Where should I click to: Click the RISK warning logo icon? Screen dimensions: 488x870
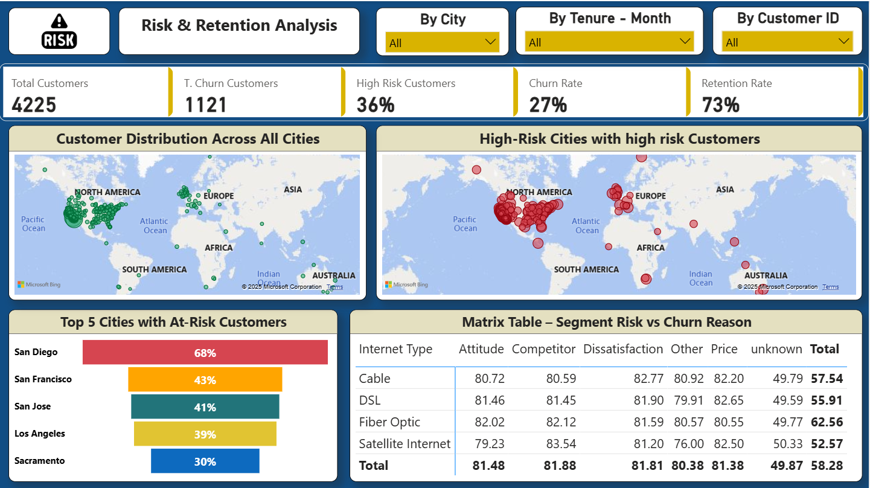pos(59,31)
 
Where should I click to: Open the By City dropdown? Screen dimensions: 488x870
pos(443,42)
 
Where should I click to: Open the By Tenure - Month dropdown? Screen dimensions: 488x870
pos(609,42)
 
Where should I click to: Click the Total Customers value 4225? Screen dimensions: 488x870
pos(34,105)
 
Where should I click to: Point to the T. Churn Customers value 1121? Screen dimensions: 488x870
pos(206,105)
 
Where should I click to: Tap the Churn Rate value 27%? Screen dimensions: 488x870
pos(548,105)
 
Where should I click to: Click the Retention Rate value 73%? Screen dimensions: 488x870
pos(720,105)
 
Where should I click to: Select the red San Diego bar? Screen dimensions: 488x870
pos(205,353)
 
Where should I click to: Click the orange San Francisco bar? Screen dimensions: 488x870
pos(205,380)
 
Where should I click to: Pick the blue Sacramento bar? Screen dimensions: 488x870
pos(205,461)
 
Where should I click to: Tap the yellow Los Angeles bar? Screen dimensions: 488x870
pos(205,434)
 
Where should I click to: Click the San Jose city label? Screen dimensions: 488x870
pos(33,406)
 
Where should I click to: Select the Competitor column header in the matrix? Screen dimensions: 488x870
pos(543,349)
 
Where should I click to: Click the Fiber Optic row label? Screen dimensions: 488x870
pos(389,422)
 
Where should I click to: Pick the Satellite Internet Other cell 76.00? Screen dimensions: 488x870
pos(688,444)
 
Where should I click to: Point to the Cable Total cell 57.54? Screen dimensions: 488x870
pos(827,379)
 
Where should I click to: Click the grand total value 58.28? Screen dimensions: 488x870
pos(827,466)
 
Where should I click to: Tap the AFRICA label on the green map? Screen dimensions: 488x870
pos(219,248)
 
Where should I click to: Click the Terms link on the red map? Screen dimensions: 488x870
pos(830,287)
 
